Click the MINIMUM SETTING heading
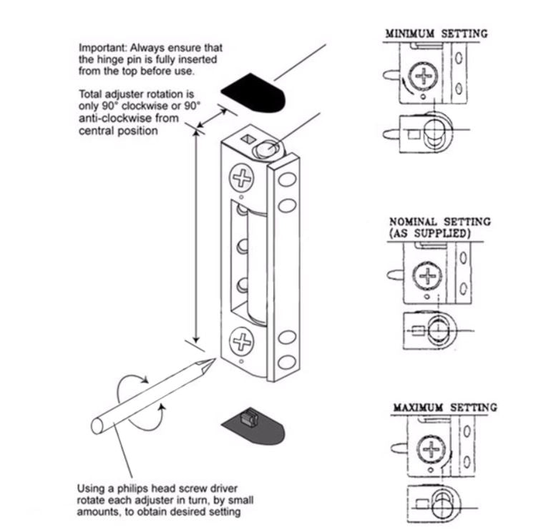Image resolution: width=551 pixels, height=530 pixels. click(436, 34)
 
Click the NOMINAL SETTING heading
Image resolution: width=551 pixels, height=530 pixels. click(439, 222)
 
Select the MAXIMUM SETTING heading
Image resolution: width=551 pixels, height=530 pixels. click(444, 408)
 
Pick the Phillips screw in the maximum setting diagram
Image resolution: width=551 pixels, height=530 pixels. click(431, 450)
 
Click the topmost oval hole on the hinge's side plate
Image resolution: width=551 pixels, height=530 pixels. click(287, 180)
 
